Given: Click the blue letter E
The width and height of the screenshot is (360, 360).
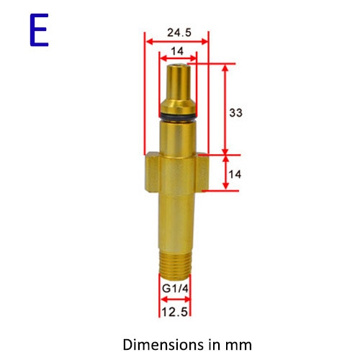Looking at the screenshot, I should pyautogui.click(x=40, y=31).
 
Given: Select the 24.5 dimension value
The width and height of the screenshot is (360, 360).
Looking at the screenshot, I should pyautogui.click(x=177, y=32).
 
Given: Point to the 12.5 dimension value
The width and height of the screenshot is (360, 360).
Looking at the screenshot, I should pyautogui.click(x=176, y=312).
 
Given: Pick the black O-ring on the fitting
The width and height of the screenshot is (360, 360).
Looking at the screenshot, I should pyautogui.click(x=176, y=116).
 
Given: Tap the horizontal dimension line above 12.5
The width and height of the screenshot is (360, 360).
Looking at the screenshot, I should pyautogui.click(x=176, y=302).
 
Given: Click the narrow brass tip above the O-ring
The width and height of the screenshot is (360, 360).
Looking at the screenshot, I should pyautogui.click(x=176, y=86).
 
